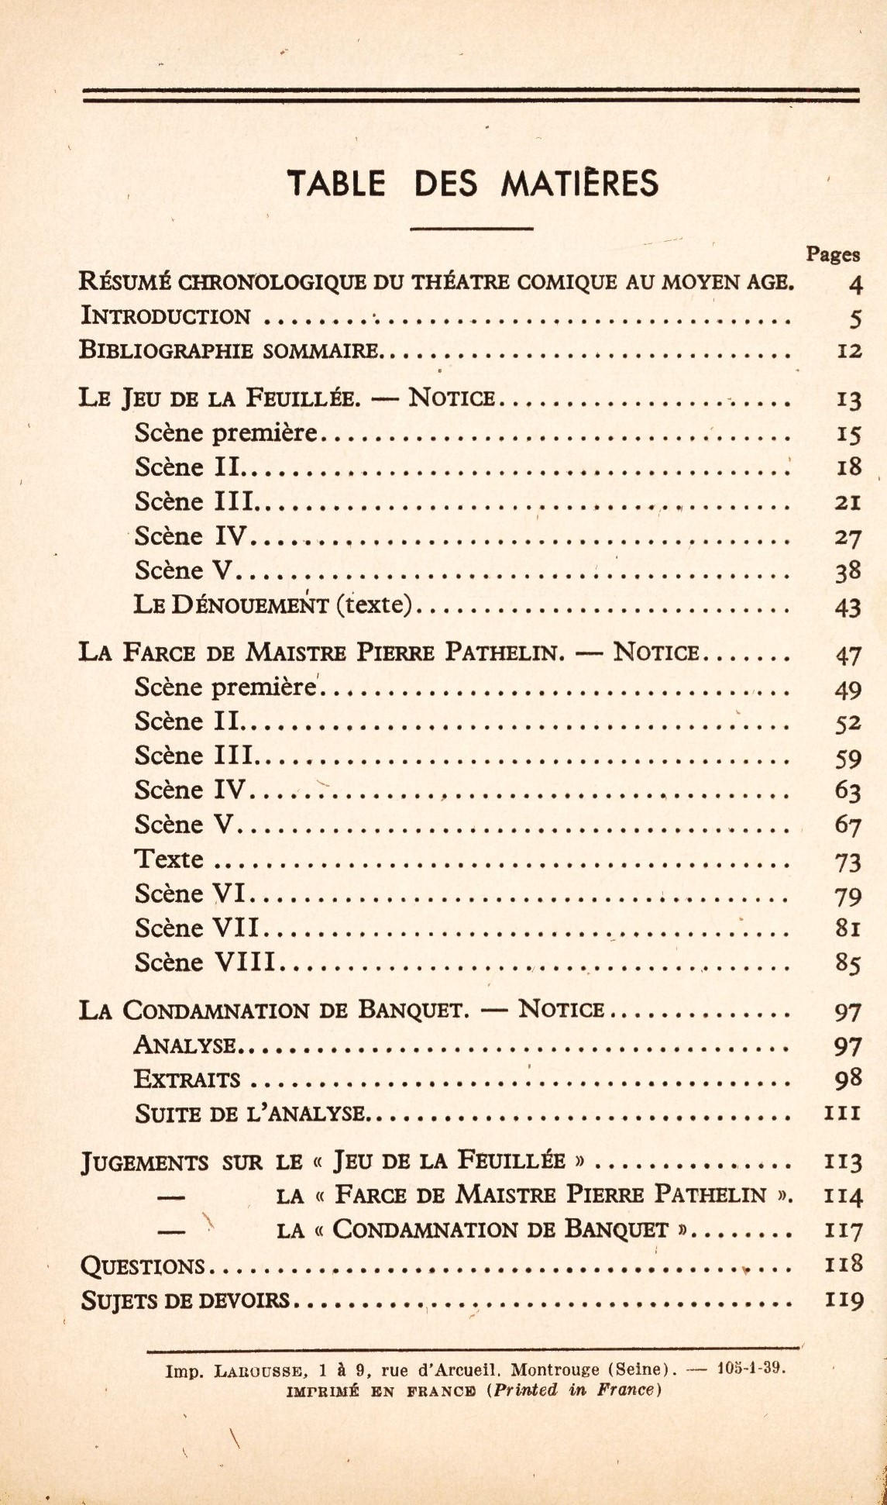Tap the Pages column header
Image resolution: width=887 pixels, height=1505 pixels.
click(x=833, y=253)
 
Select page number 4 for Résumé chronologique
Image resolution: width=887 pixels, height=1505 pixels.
click(x=854, y=284)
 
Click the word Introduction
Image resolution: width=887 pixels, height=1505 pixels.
click(x=166, y=316)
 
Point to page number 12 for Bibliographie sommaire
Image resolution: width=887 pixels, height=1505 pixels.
click(x=849, y=351)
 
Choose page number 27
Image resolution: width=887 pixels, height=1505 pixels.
click(x=847, y=537)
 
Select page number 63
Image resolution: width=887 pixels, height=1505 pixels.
click(x=847, y=791)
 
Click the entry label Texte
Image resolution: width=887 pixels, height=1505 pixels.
click(x=169, y=859)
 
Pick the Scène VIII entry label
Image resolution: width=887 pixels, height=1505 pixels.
click(x=205, y=963)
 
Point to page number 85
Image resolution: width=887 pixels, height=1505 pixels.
click(x=847, y=963)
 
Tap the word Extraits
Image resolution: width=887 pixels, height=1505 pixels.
click(x=187, y=1080)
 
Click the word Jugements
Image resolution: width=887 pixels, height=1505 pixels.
click(x=144, y=1162)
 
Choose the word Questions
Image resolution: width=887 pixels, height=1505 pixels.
click(x=142, y=1266)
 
